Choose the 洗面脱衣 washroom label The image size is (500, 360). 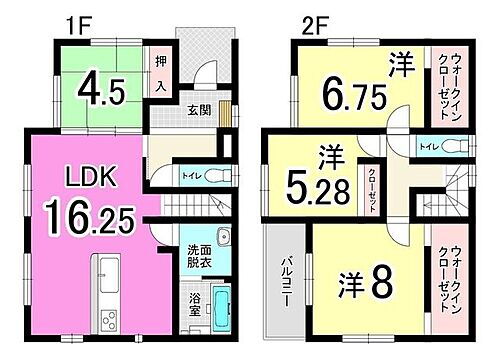pyautogui.click(x=197, y=254)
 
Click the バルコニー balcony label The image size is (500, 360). pyautogui.click(x=283, y=283)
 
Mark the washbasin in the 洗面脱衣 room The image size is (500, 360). pyautogui.click(x=222, y=240)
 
